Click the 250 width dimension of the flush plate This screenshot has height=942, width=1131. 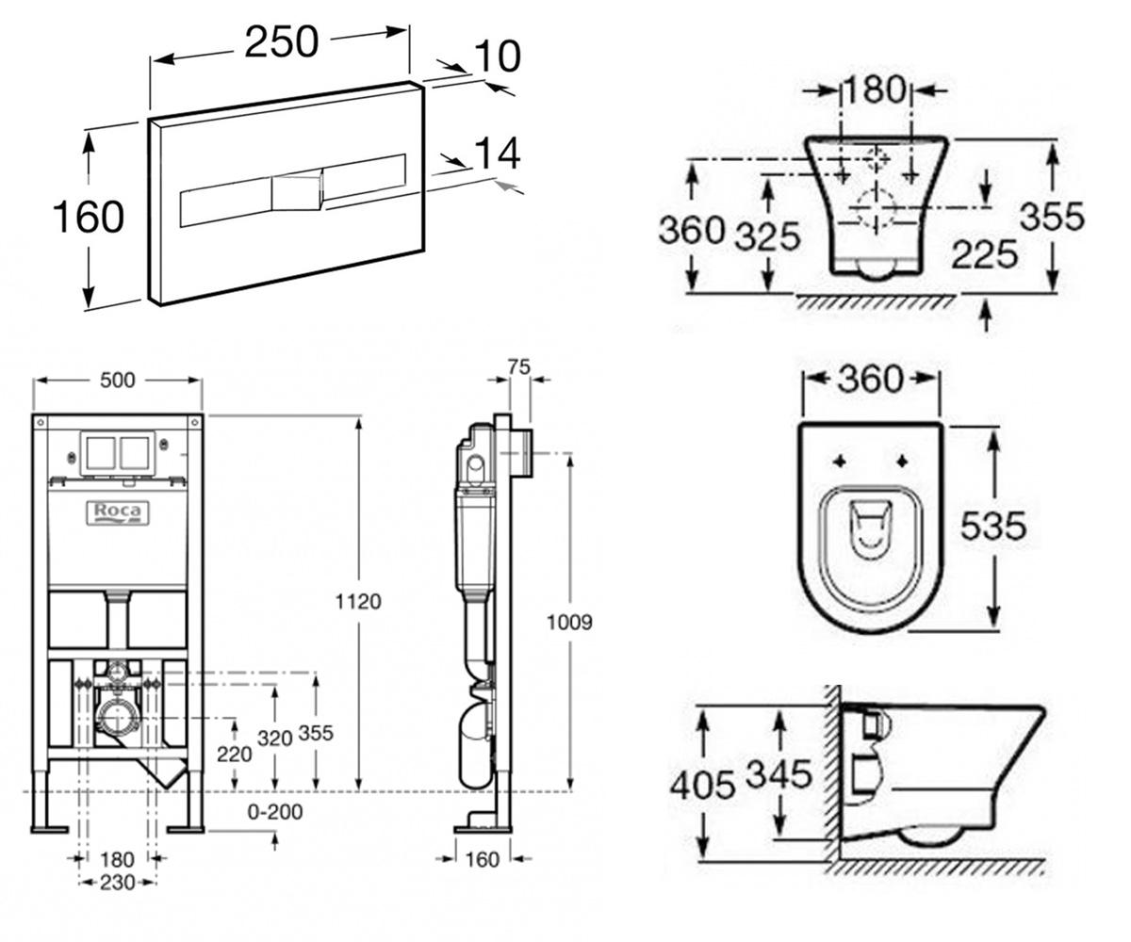point(282,42)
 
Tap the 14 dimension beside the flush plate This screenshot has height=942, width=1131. point(498,154)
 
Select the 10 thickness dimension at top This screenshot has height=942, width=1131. point(498,56)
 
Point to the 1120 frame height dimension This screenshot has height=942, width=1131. point(358,602)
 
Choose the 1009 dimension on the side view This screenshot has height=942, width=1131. point(569,623)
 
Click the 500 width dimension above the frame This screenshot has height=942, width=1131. point(118,380)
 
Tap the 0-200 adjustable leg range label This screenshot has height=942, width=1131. point(274,811)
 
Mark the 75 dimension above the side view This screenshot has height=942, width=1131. point(518,367)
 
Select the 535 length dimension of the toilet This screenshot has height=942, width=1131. point(992,525)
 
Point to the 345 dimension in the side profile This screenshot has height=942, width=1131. point(779,773)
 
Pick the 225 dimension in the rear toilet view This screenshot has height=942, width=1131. point(984,254)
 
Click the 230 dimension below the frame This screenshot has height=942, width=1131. point(118,883)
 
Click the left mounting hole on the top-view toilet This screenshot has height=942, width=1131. point(840,462)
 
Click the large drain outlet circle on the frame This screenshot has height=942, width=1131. point(115,719)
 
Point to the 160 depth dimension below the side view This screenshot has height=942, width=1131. point(482,859)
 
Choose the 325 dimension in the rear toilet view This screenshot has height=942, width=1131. point(767,236)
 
